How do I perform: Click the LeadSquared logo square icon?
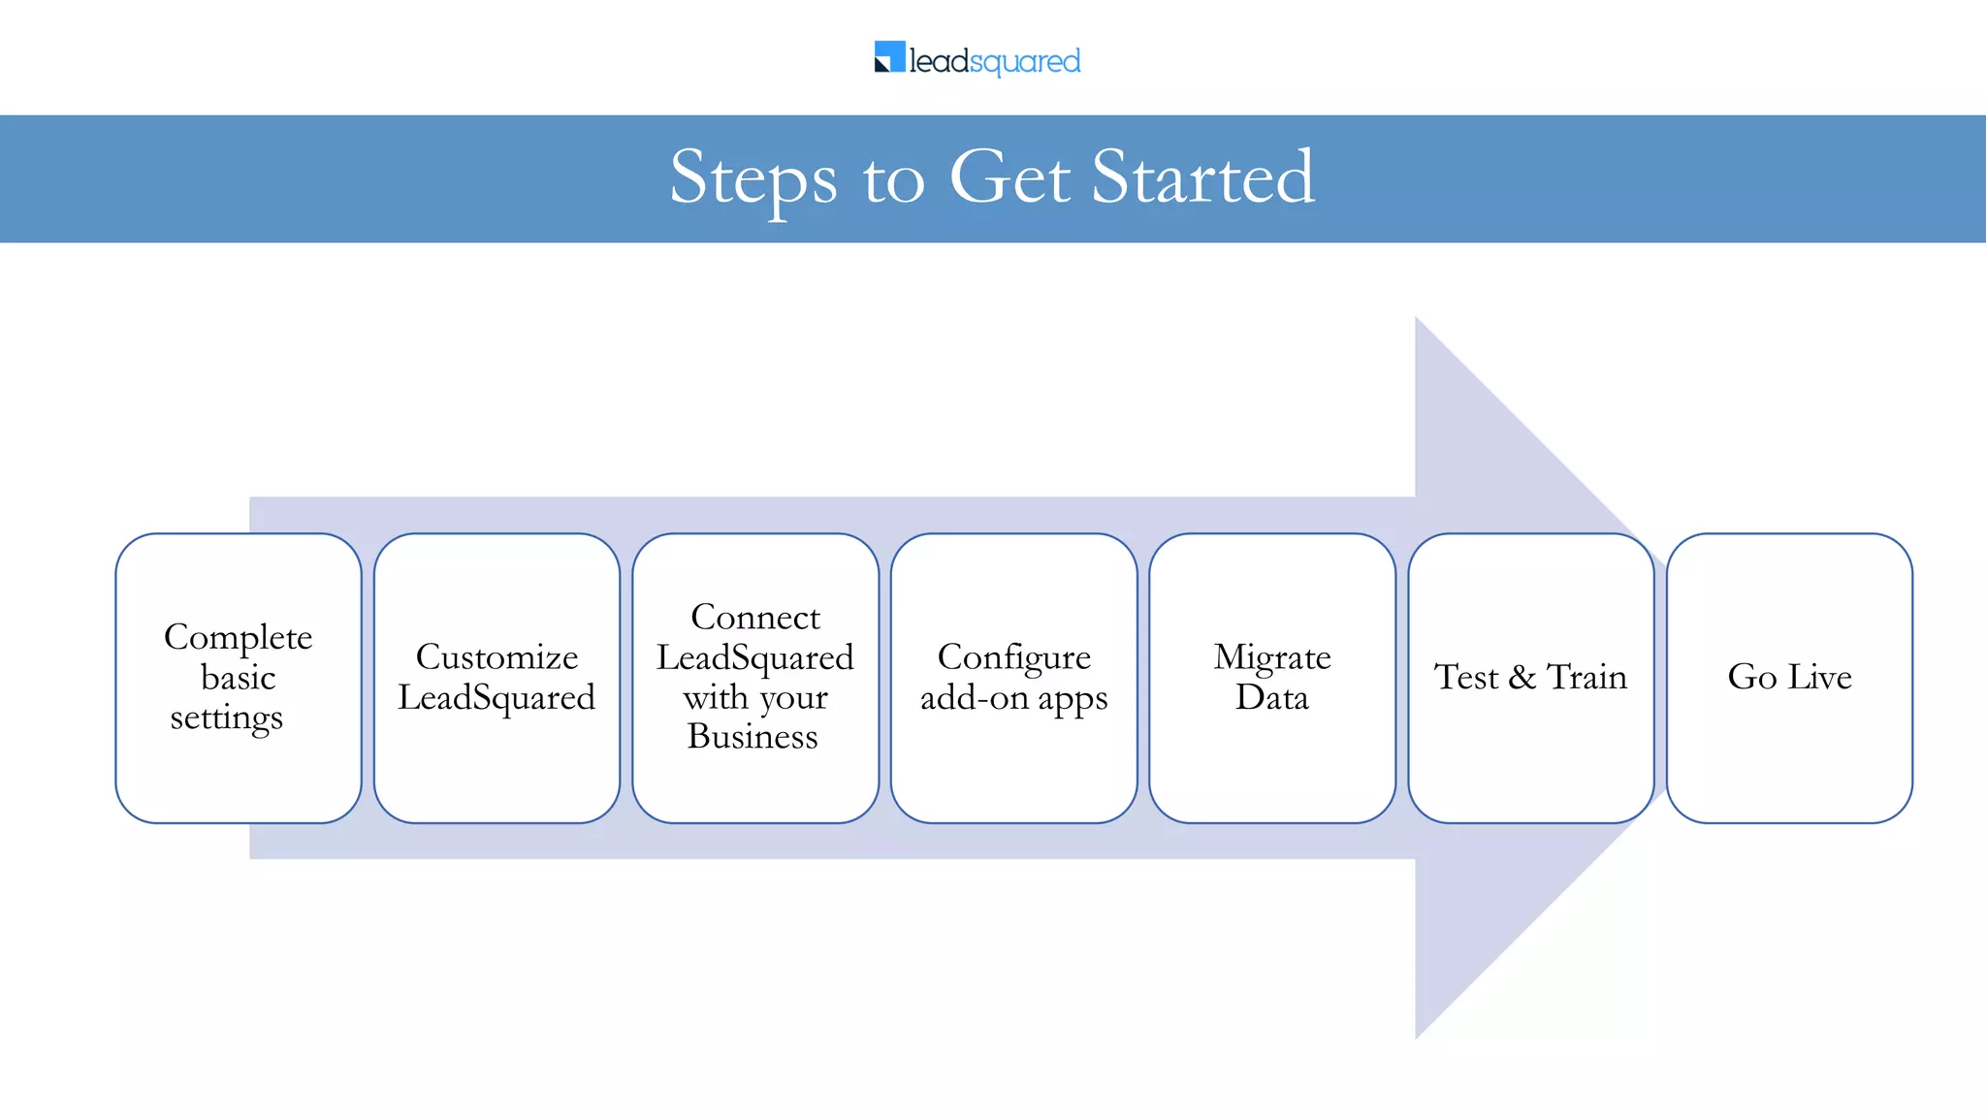point(889,57)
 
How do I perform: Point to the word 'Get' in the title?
point(1009,178)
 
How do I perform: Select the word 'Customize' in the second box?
point(496,657)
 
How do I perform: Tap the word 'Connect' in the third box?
point(755,618)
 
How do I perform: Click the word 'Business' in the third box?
point(753,737)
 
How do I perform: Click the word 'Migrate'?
point(1271,657)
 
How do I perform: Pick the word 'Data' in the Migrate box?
point(1271,698)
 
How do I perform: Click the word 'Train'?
point(1586,677)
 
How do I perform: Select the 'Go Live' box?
point(1789,678)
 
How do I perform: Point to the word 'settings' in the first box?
point(227,718)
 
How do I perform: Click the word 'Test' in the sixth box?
point(1466,677)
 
